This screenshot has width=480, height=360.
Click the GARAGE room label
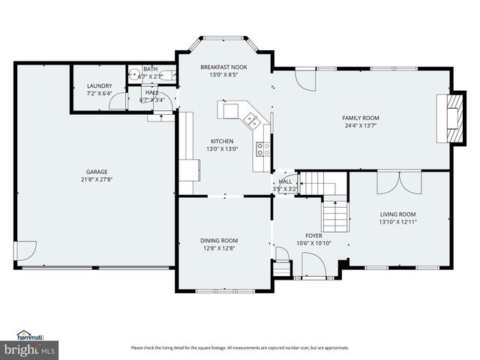tap(95, 172)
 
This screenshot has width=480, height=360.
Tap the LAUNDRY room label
tap(99, 86)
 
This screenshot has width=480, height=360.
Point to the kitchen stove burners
tap(262, 148)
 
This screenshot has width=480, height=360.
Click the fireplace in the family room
tap(452, 118)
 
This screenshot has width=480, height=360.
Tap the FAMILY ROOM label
tap(361, 118)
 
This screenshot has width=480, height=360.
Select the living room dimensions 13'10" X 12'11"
tap(397, 222)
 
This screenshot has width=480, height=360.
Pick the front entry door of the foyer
tap(313, 264)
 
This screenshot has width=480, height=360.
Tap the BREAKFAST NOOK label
tap(223, 67)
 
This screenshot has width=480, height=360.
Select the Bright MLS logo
tap(30, 349)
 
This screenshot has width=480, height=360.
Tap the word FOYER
tap(312, 235)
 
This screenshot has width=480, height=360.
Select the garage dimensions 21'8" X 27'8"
tap(95, 179)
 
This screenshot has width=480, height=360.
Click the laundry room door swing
tap(118, 104)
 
